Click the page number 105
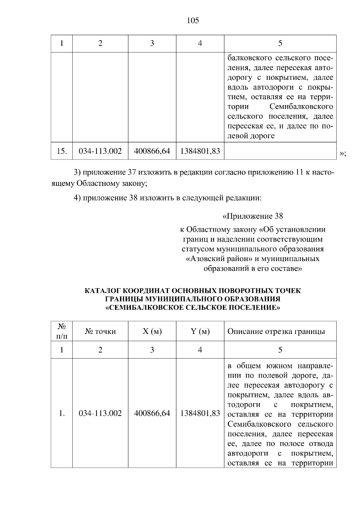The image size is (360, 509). click(x=193, y=21)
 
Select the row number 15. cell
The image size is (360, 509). click(x=61, y=151)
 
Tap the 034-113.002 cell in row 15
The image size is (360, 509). click(x=100, y=151)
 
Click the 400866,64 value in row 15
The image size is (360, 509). click(x=152, y=151)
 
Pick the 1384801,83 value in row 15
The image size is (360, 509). click(x=200, y=151)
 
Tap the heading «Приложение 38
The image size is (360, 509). click(x=253, y=216)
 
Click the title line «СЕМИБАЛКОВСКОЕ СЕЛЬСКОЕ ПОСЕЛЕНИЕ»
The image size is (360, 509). click(x=193, y=308)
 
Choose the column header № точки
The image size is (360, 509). click(x=100, y=332)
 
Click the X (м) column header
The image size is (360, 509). click(x=152, y=332)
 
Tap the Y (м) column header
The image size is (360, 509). click(x=200, y=332)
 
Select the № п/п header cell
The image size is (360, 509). click(x=61, y=331)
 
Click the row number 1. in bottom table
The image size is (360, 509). click(x=61, y=413)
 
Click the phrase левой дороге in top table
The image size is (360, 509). click(x=251, y=136)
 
